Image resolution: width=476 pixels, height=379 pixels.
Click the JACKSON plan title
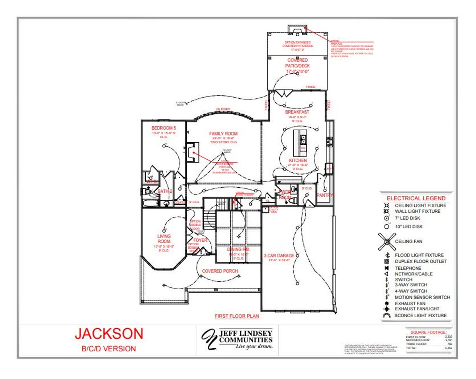click(x=109, y=334)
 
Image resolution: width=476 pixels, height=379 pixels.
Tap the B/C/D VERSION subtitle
click(x=109, y=349)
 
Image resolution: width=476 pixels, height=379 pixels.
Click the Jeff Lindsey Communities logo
click(x=238, y=339)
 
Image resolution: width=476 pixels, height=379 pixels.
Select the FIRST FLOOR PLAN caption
click(x=237, y=316)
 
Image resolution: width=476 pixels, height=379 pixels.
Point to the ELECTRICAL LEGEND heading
click(x=416, y=198)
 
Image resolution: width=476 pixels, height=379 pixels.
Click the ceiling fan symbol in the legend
click(x=387, y=242)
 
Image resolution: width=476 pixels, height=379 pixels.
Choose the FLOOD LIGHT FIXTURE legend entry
click(x=419, y=255)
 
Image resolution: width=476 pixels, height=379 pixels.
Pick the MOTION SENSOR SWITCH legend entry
click(x=422, y=297)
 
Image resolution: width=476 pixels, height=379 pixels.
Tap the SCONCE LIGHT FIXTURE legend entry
click(x=420, y=315)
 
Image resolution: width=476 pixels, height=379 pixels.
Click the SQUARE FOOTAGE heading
click(x=428, y=332)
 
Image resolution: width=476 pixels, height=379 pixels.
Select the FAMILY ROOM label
click(x=223, y=134)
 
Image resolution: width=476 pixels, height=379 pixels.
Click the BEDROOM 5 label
click(x=164, y=128)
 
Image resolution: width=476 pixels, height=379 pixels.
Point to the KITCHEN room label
click(x=298, y=160)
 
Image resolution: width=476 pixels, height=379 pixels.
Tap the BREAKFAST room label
click(x=297, y=112)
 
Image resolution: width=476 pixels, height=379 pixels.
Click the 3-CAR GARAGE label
click(x=279, y=256)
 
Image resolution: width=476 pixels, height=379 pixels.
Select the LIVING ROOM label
click(x=164, y=239)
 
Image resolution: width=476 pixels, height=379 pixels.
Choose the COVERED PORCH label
click(x=220, y=271)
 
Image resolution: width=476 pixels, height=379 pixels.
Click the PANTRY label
click(x=324, y=195)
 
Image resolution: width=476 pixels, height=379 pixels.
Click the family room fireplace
click(x=192, y=152)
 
